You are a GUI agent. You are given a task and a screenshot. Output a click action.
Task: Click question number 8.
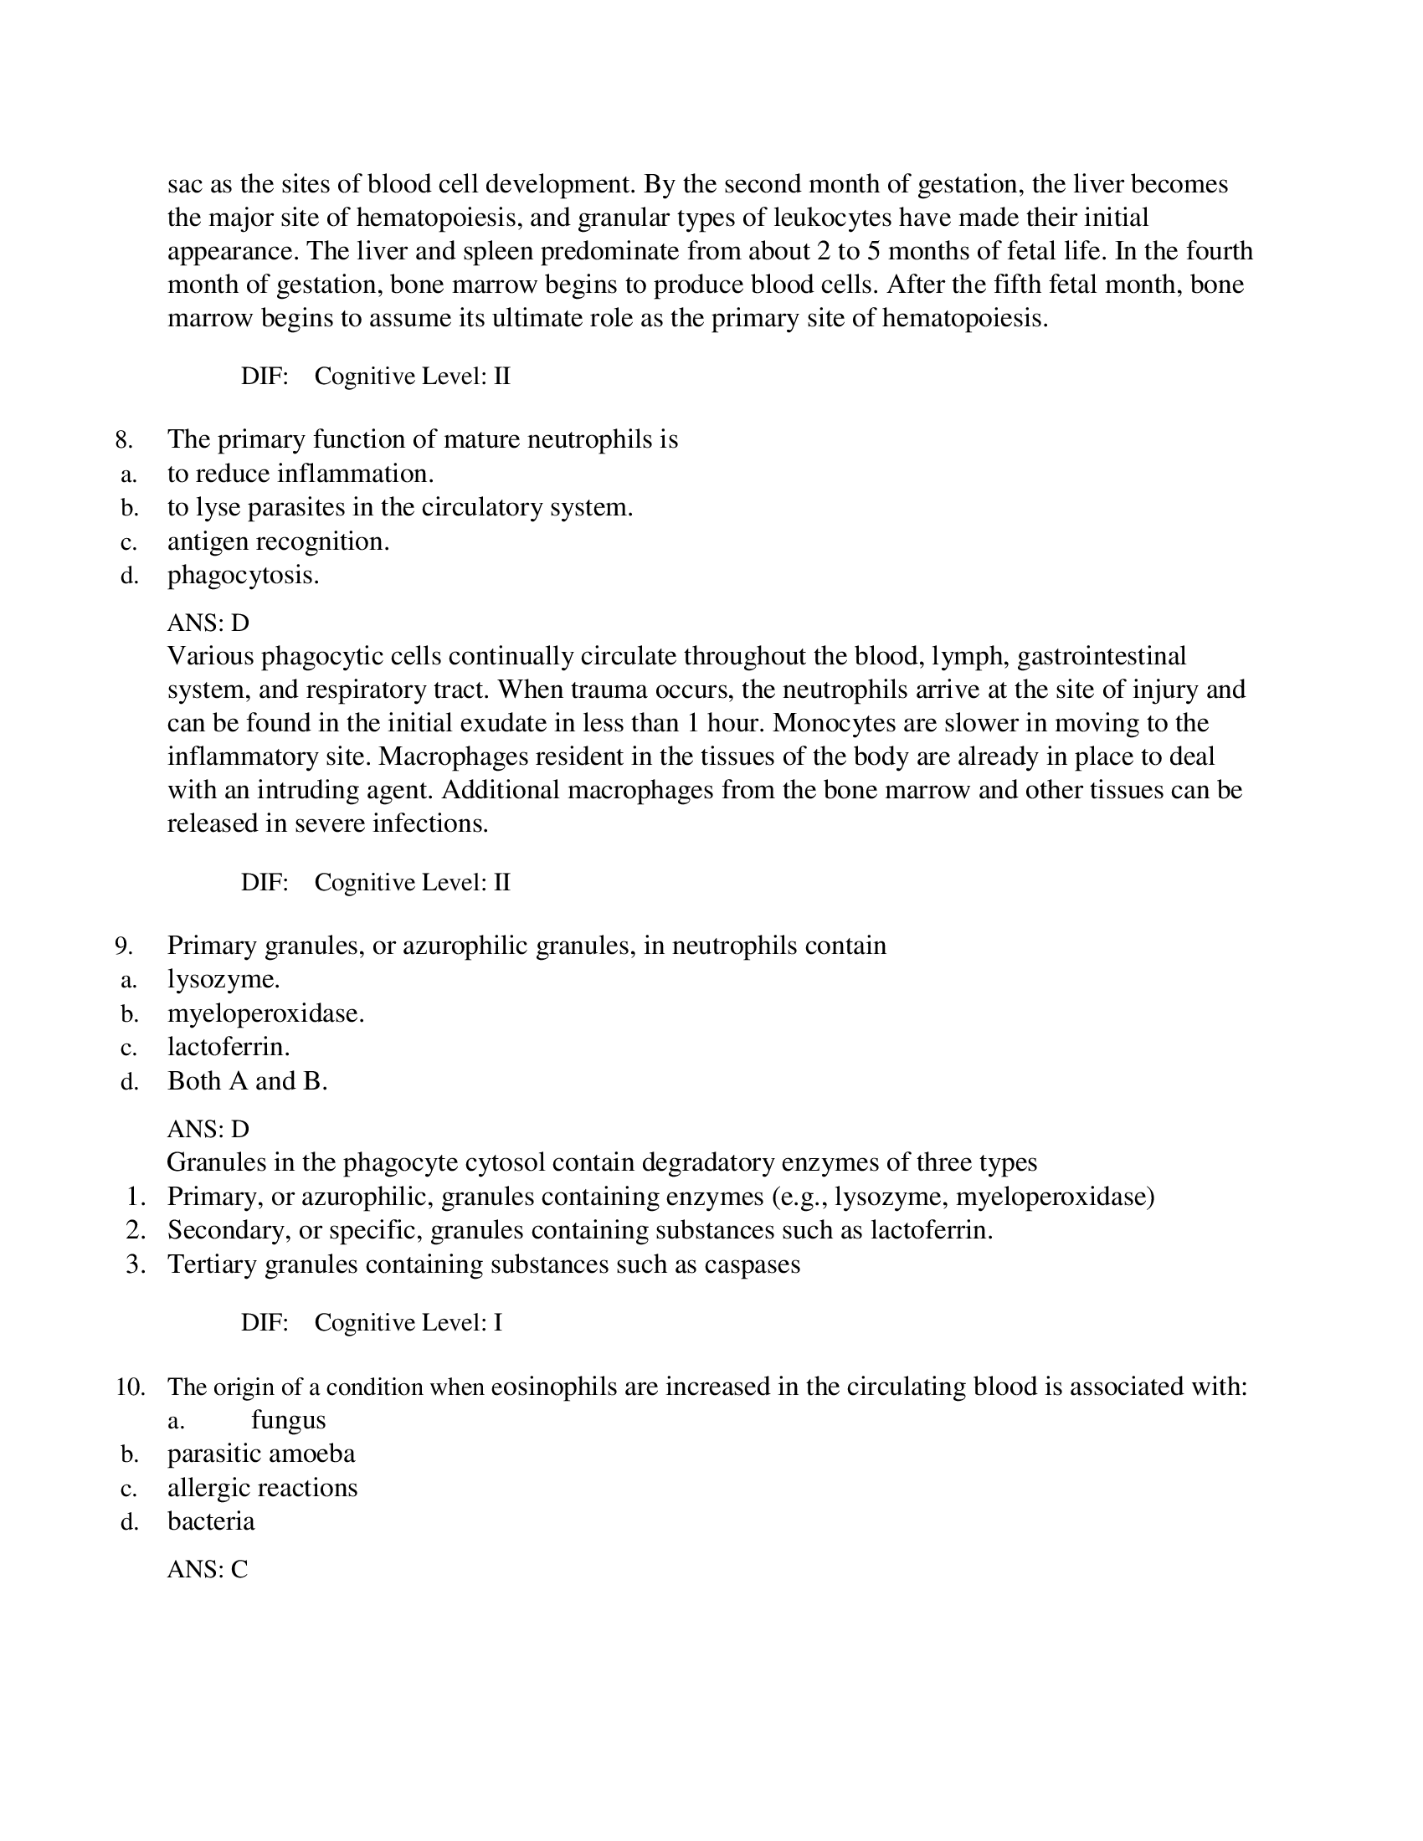point(124,440)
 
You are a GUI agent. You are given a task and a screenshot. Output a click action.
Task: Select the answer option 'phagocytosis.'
point(243,575)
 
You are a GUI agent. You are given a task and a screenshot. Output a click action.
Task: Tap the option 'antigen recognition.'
point(278,541)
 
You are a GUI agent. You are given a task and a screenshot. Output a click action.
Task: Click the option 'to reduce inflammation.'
point(301,474)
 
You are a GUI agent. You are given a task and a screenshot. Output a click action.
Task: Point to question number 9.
point(124,946)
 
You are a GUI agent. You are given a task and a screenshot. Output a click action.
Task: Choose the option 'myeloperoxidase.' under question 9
point(265,1013)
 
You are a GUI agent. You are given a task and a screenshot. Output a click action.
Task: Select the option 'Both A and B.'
point(247,1080)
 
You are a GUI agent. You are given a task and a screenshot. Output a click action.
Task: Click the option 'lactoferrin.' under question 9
point(229,1047)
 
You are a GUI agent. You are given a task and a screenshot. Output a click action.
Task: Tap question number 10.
point(131,1387)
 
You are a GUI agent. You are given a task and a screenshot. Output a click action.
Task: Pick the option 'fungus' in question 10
point(288,1419)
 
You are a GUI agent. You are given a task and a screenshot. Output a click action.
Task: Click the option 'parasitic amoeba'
point(261,1454)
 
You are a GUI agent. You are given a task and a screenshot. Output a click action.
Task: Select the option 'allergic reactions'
point(262,1487)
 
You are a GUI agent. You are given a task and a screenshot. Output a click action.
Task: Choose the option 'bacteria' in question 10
point(211,1520)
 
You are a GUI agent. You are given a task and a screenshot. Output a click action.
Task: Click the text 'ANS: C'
point(208,1569)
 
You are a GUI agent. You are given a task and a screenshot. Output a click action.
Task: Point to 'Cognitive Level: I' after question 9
point(408,1322)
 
